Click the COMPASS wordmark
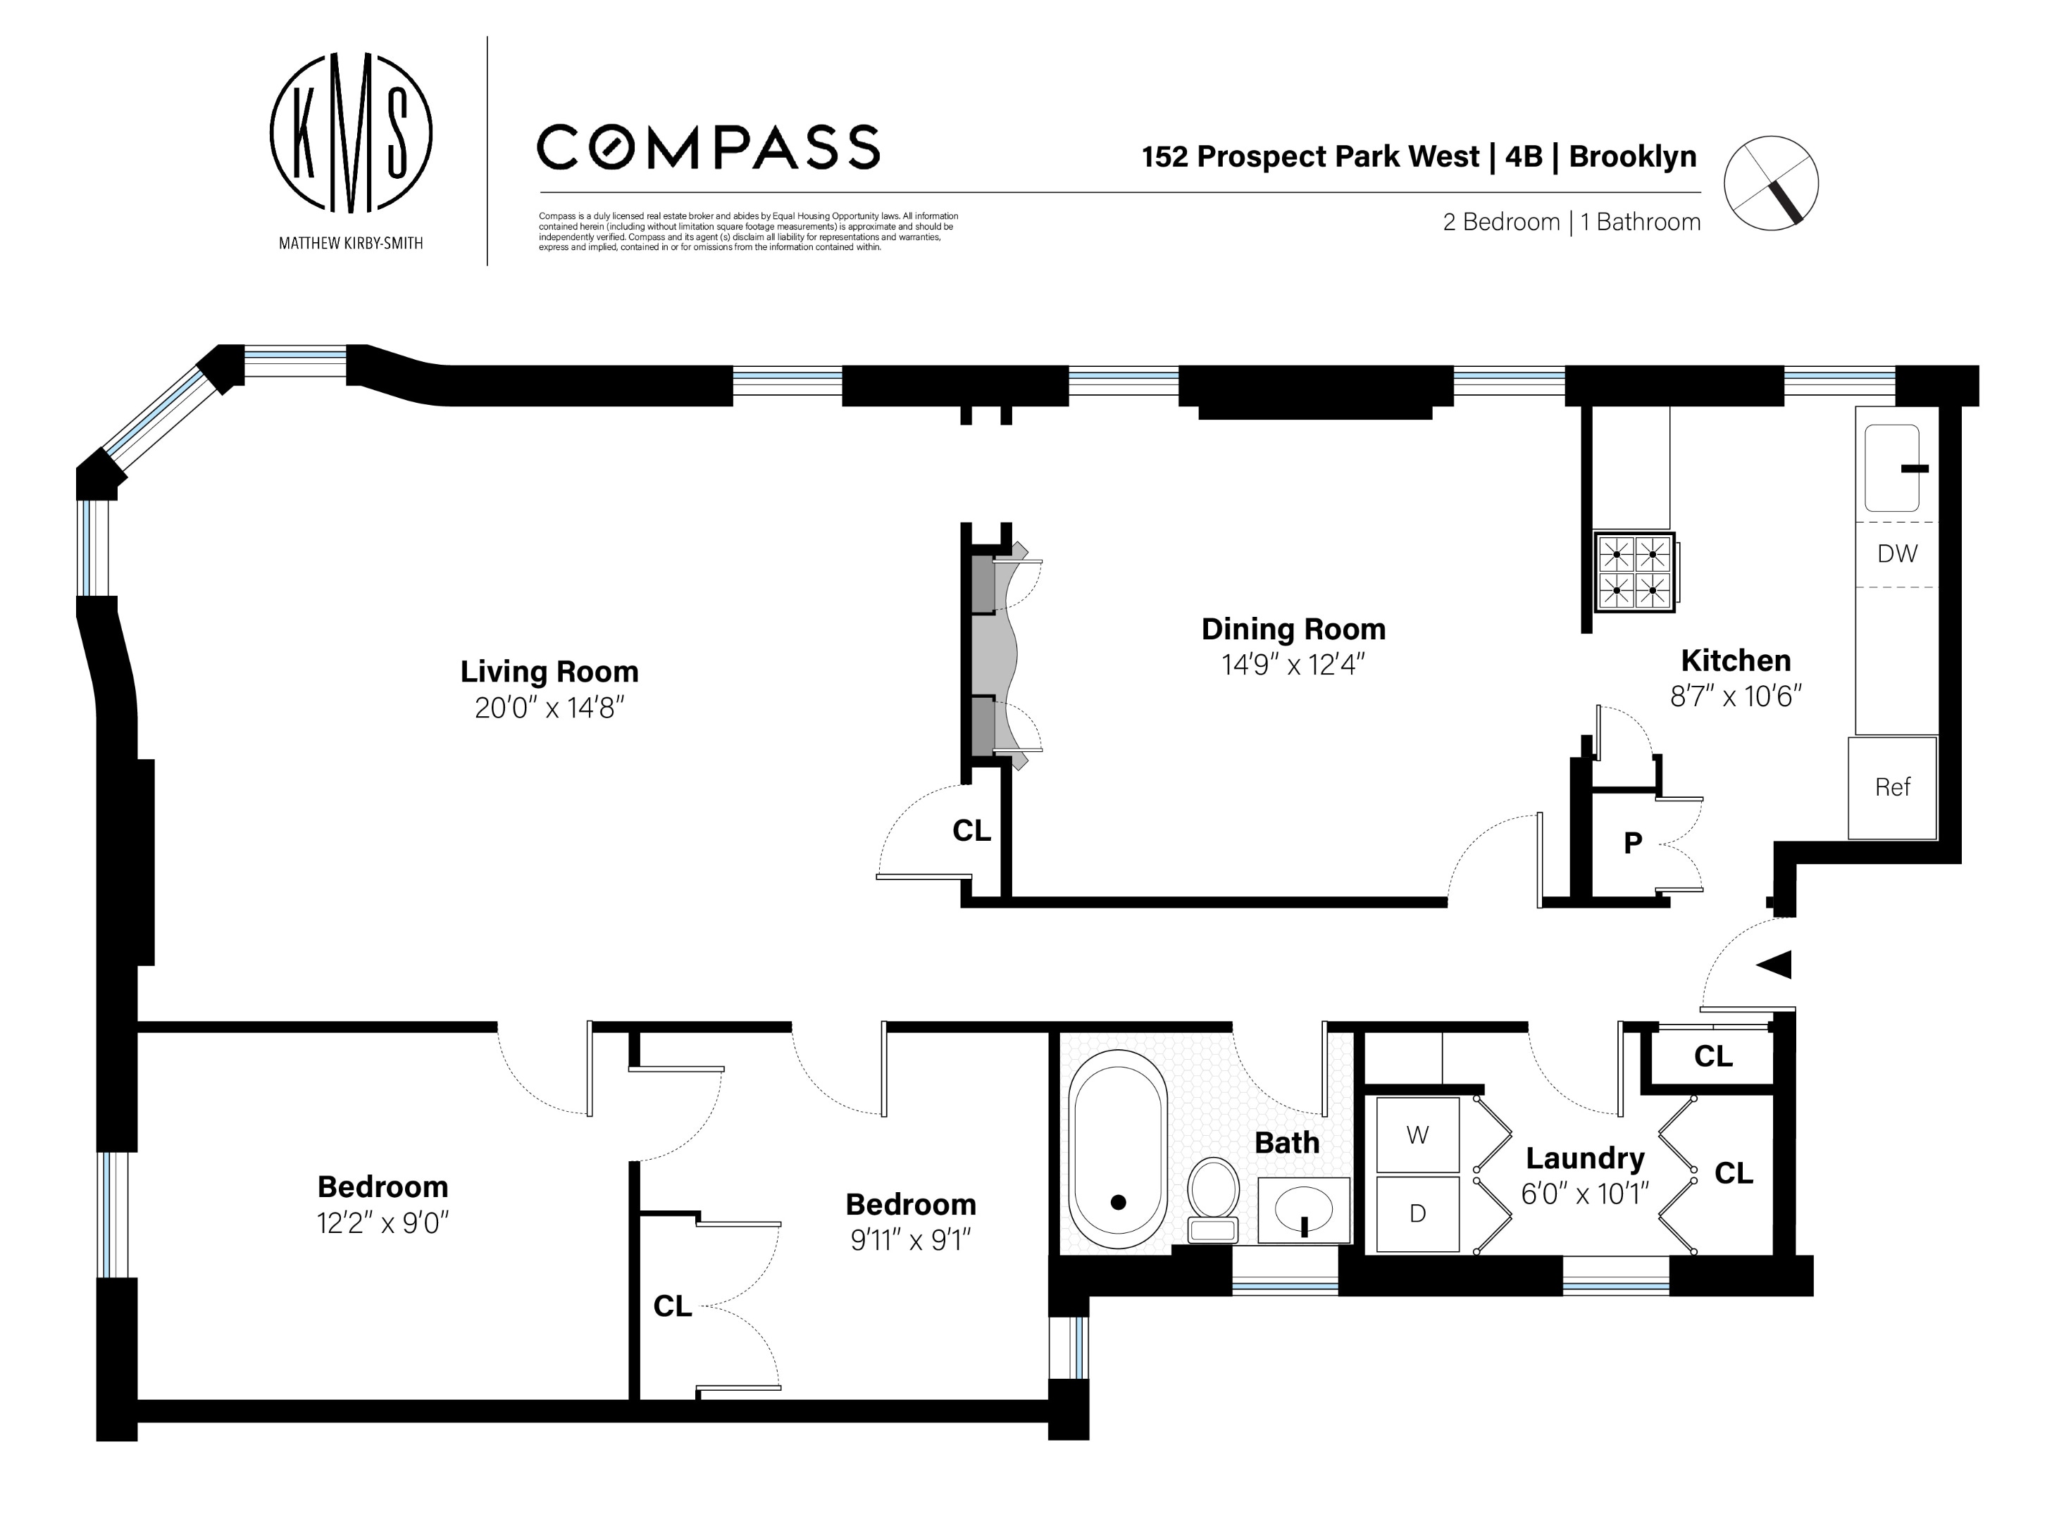(x=707, y=147)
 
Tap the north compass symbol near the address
(x=1770, y=183)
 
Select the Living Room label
(x=549, y=671)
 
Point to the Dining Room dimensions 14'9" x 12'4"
(x=1292, y=664)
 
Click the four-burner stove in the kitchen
(x=1634, y=572)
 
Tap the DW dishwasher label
(x=1896, y=553)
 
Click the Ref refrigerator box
(x=1892, y=787)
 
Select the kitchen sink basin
(x=1891, y=468)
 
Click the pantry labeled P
(x=1633, y=842)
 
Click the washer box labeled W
(x=1417, y=1135)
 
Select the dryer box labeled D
(x=1417, y=1213)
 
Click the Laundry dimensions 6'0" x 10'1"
(x=1584, y=1194)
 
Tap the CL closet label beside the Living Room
(x=971, y=830)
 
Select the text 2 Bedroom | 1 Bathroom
(x=1571, y=222)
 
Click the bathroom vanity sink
(x=1303, y=1209)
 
